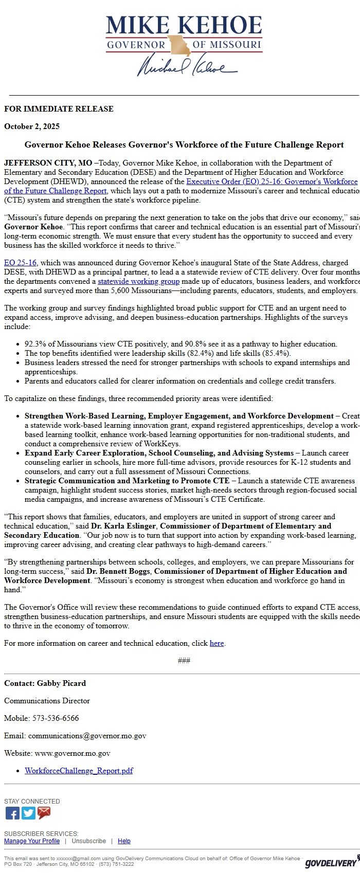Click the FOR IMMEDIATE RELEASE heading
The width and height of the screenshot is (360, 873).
coord(59,109)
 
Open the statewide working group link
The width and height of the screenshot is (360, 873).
coord(138,281)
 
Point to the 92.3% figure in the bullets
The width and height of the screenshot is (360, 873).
coord(35,344)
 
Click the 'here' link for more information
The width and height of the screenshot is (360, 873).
coord(217,643)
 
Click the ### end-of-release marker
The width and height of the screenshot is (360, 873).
coord(184,661)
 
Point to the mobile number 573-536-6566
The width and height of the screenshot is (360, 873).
coord(56,718)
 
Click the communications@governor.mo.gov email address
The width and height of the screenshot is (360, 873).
coord(87,736)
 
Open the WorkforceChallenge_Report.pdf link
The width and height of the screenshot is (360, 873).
coord(79,771)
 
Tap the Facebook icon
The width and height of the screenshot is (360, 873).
coord(12,813)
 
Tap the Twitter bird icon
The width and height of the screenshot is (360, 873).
coord(28,813)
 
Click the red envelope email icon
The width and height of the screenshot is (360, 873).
coord(44,813)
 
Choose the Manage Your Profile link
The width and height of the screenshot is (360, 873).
coord(32,841)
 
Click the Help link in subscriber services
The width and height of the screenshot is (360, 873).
coord(124,841)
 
